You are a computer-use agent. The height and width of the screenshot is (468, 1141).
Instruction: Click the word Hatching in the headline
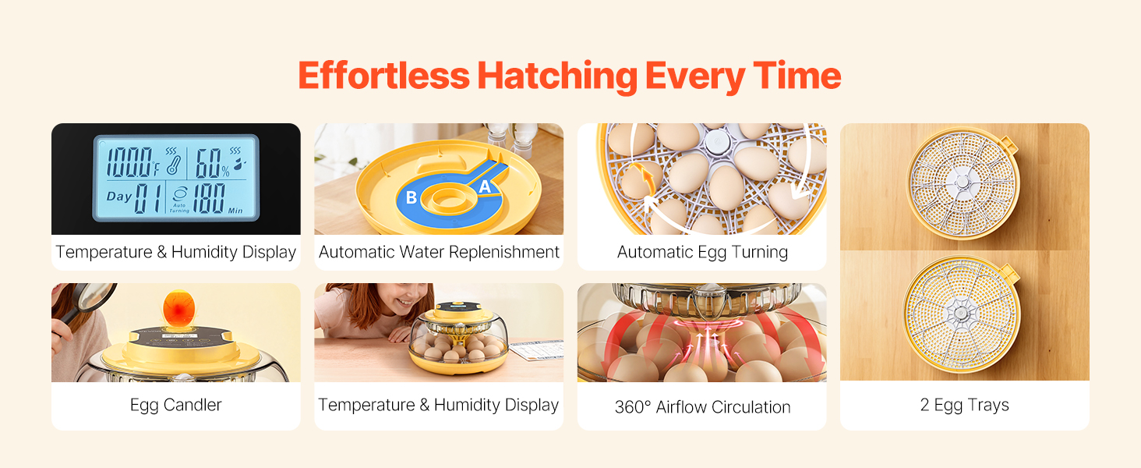[x=557, y=76]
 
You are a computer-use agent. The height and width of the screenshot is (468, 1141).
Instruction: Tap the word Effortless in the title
[x=383, y=76]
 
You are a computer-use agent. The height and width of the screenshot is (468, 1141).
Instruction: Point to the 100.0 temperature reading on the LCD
[x=129, y=162]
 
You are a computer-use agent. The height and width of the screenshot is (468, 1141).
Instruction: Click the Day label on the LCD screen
[x=119, y=197]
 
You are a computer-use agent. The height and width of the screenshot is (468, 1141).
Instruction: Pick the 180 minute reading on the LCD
[x=209, y=198]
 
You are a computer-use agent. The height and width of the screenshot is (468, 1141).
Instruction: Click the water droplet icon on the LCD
[x=238, y=163]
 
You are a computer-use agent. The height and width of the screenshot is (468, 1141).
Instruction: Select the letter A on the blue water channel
[x=485, y=186]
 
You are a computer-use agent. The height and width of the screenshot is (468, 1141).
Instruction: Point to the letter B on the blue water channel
[x=412, y=197]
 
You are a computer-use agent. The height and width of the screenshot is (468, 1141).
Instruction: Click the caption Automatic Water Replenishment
[x=439, y=252]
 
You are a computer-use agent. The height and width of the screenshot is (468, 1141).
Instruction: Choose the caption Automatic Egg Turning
[x=702, y=252]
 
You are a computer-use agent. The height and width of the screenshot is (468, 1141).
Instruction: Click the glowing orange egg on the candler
[x=178, y=308]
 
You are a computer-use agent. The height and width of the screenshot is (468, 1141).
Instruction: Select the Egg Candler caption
[x=175, y=405]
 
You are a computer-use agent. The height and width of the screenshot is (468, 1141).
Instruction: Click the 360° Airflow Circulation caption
[x=702, y=407]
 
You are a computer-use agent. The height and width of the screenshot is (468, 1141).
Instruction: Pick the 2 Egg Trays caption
[x=964, y=405]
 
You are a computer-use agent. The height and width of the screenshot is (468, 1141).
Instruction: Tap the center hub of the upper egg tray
[x=962, y=182]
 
